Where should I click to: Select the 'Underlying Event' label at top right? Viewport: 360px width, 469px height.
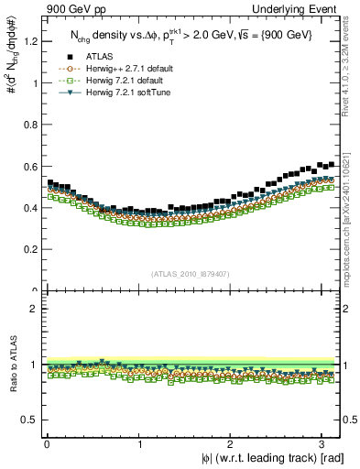[x=303, y=9]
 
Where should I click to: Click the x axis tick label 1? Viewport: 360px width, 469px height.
[x=138, y=444]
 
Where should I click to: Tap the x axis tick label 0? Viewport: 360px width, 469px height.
[x=47, y=444]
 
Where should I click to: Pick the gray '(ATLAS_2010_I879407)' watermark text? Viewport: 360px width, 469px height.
[x=190, y=272]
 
